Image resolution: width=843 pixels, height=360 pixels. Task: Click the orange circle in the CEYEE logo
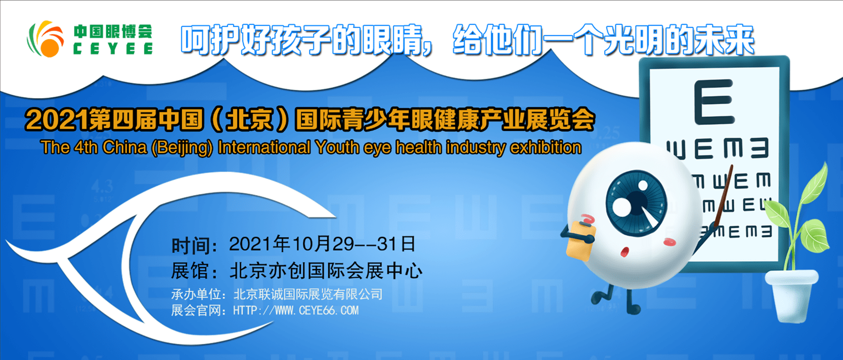pos(50,48)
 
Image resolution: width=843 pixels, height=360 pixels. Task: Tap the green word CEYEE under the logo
pos(113,49)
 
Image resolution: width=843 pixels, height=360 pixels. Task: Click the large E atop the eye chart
pos(714,102)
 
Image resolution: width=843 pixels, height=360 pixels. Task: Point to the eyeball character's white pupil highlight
pos(622,207)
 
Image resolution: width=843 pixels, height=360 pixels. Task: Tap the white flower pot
pos(791,293)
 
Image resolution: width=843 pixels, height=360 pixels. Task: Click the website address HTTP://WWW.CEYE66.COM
pos(296,310)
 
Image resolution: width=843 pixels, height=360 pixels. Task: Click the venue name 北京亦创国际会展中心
pos(326,270)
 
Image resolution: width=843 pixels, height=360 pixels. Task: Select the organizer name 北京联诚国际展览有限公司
pos(308,294)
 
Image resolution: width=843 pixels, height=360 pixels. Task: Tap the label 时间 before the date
pos(190,246)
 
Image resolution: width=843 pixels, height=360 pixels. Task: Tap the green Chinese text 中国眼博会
pos(113,32)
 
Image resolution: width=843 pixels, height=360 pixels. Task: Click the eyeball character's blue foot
pos(633,309)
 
